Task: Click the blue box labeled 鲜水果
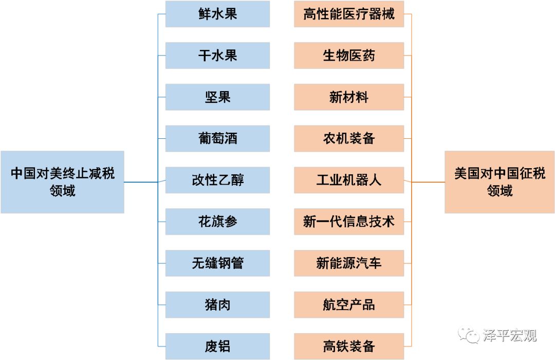click(x=217, y=14)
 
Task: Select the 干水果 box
click(x=217, y=55)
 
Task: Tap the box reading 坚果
click(x=217, y=97)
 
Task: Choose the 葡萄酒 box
click(x=217, y=138)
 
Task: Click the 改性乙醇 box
click(x=217, y=180)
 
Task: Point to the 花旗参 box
click(x=217, y=222)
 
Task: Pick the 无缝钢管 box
click(x=217, y=263)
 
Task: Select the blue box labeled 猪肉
click(x=217, y=305)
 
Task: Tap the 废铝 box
click(x=217, y=346)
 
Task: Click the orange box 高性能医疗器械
click(x=348, y=14)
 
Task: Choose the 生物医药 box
click(x=348, y=55)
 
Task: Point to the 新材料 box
click(x=348, y=97)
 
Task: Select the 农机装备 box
click(x=348, y=138)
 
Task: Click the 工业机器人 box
click(x=348, y=180)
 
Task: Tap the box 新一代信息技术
click(x=348, y=222)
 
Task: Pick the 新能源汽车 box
click(x=348, y=263)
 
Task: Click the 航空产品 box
click(x=348, y=305)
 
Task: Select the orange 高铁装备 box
click(x=348, y=346)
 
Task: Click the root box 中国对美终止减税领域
click(x=62, y=182)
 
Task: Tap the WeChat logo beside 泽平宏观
click(x=468, y=335)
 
